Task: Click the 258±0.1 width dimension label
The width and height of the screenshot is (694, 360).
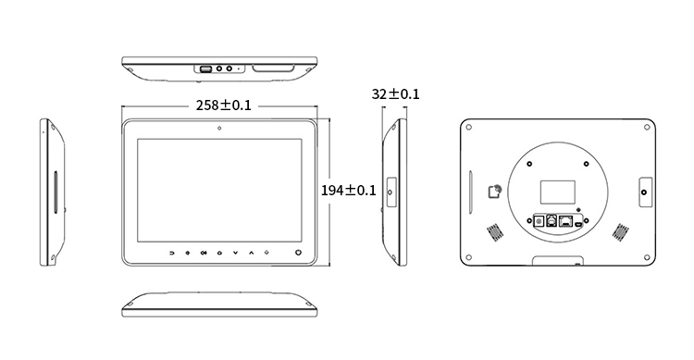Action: click(x=224, y=106)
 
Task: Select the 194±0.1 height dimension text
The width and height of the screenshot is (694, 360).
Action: click(x=348, y=191)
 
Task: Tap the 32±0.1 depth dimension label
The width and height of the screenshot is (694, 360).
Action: click(x=395, y=94)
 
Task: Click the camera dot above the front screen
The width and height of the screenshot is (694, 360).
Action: click(x=219, y=129)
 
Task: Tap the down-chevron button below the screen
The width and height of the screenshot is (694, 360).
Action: click(x=235, y=253)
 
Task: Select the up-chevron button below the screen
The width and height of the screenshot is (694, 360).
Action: click(x=252, y=253)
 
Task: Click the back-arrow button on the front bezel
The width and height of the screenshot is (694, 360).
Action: click(x=172, y=253)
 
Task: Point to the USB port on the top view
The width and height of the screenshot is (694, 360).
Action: click(x=205, y=69)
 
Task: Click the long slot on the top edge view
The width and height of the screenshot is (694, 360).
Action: click(x=273, y=68)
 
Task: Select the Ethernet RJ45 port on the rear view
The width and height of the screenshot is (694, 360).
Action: click(x=565, y=220)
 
